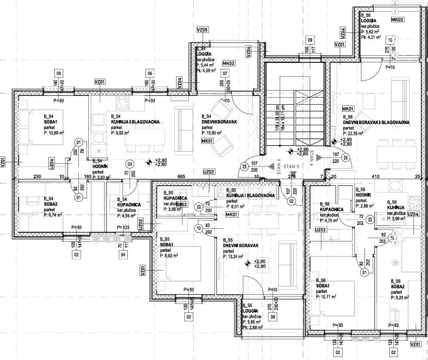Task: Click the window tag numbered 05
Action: pos(58,73)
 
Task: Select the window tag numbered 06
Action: pos(150,73)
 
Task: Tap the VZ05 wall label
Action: pos(203,29)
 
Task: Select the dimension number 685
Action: pos(181,176)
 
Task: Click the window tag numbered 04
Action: pos(123,255)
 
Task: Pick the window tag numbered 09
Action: pos(309,39)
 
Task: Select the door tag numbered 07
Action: pos(224,73)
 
